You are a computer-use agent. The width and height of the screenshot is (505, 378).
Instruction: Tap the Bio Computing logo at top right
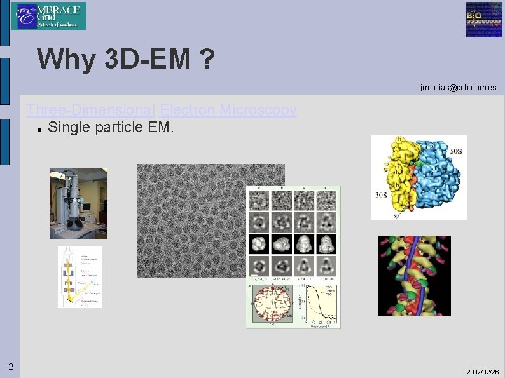483,20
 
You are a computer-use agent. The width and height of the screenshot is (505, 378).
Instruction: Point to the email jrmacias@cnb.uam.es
458,87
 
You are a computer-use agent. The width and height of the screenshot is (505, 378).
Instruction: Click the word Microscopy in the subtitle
258,110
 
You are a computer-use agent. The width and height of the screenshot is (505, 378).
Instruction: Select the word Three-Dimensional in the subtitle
91,110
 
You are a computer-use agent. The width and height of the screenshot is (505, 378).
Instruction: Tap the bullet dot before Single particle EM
39,129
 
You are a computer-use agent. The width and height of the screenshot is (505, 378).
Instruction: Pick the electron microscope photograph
79,203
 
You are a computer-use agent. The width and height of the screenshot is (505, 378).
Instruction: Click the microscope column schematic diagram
80,277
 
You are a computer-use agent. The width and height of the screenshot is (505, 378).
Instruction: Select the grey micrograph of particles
191,219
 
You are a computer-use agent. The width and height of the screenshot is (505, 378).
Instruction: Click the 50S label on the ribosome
456,151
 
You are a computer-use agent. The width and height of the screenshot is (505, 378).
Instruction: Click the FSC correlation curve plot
319,303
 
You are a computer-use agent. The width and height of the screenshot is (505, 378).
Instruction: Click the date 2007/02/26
482,371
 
